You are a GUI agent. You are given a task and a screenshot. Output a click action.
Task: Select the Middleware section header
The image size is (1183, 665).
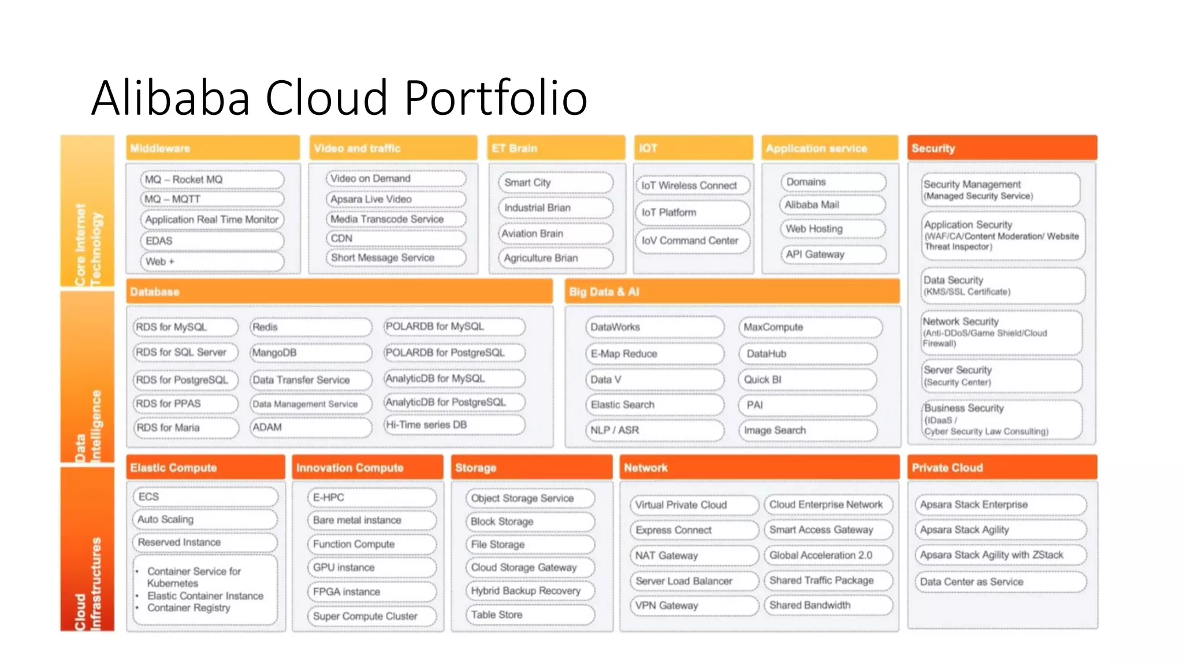tap(213, 148)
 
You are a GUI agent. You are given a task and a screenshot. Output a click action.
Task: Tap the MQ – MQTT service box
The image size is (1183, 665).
tap(212, 199)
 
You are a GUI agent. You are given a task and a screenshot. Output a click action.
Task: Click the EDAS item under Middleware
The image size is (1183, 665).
tap(212, 241)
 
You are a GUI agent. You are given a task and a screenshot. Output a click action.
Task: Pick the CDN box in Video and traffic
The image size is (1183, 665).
tap(396, 238)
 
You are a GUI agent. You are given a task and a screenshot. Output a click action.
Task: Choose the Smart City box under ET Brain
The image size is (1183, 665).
tap(555, 182)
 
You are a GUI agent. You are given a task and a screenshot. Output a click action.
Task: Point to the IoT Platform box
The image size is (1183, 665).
tap(692, 212)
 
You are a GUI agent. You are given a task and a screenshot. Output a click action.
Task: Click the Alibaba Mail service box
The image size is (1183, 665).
tap(832, 205)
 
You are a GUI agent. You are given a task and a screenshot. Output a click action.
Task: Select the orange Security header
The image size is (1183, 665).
tap(1002, 148)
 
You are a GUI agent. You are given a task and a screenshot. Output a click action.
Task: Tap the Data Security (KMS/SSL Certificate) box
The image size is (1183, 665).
tap(1002, 286)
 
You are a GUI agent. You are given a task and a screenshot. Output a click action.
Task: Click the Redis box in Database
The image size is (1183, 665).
tap(310, 327)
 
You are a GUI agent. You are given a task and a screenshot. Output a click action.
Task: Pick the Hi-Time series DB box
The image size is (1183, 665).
tap(454, 425)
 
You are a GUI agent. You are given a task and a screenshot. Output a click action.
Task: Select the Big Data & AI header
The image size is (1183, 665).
tap(732, 292)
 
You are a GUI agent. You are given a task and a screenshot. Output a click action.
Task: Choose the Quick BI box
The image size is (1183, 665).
tap(808, 380)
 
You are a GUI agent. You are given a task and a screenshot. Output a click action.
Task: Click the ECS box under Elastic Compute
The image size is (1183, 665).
tap(205, 497)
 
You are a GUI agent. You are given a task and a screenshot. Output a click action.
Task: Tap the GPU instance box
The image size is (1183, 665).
tap(371, 568)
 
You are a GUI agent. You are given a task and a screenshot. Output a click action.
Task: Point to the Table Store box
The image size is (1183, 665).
tap(530, 615)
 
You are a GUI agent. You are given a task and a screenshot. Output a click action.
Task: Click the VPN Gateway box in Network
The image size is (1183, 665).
tap(693, 606)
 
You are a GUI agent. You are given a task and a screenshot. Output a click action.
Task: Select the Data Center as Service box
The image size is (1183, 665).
tap(1000, 582)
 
